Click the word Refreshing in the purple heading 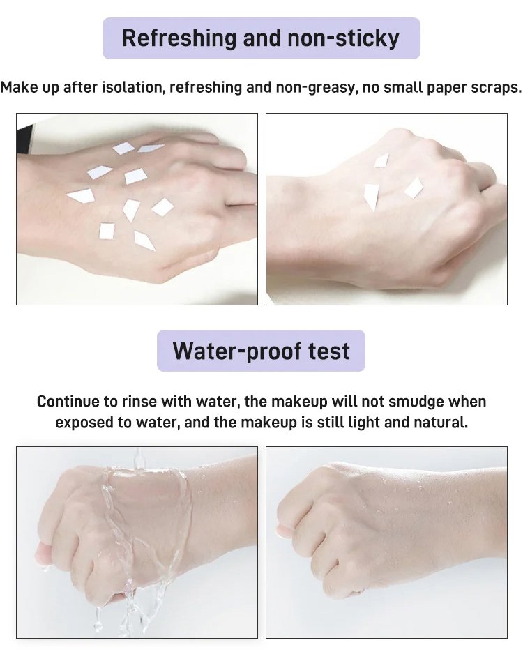(179, 39)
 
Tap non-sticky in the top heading (343, 38)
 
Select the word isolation (133, 87)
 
